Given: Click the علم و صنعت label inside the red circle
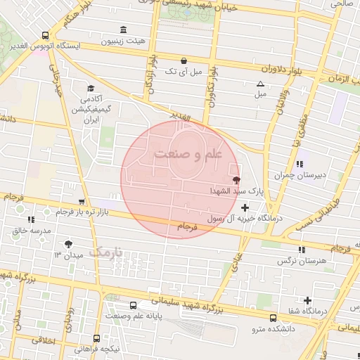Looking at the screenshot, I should point(187,153).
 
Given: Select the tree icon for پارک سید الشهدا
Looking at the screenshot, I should point(235,181).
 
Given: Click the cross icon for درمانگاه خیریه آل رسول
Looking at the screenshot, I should point(245,207).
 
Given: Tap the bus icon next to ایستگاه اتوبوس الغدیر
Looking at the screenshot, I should point(46,34).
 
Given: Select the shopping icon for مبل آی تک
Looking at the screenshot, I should point(184,61).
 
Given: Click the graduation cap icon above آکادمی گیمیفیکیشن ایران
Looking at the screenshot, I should point(90,88).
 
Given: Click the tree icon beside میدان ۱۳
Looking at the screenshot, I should point(67,244).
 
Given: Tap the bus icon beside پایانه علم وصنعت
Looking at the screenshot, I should point(134,305).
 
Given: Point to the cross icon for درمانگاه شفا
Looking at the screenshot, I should point(307,300).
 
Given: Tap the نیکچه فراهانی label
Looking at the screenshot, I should point(98,348).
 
